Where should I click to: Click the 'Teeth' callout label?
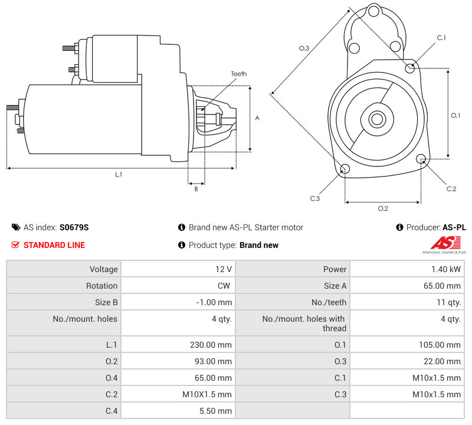pyautogui.click(x=238, y=74)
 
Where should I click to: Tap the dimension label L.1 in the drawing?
pyautogui.click(x=119, y=174)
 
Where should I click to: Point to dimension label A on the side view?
pyautogui.click(x=257, y=118)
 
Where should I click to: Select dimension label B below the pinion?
pyautogui.click(x=196, y=189)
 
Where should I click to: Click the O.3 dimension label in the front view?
pyautogui.click(x=304, y=48)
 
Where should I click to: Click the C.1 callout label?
pyautogui.click(x=441, y=38)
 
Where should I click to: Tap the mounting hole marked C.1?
pyautogui.click(x=410, y=68)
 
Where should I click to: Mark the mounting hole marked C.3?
pyautogui.click(x=345, y=170)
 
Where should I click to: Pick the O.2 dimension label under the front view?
pyautogui.click(x=382, y=208)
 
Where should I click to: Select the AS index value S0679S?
pyautogui.click(x=74, y=227)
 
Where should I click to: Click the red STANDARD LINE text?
pyautogui.click(x=54, y=245)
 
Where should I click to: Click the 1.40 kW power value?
pyautogui.click(x=449, y=269)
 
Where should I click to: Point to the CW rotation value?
pyautogui.click(x=225, y=286)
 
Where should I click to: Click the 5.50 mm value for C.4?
pyautogui.click(x=218, y=411)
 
